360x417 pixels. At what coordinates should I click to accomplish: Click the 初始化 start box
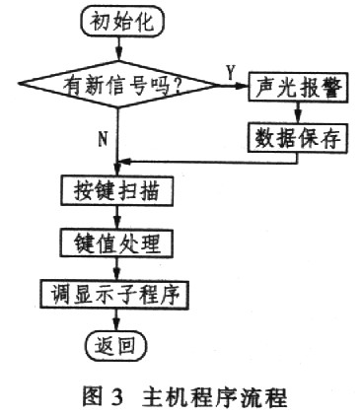point(119,24)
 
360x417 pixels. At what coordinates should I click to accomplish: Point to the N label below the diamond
point(102,138)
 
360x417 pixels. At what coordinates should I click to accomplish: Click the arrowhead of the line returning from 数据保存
point(125,163)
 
